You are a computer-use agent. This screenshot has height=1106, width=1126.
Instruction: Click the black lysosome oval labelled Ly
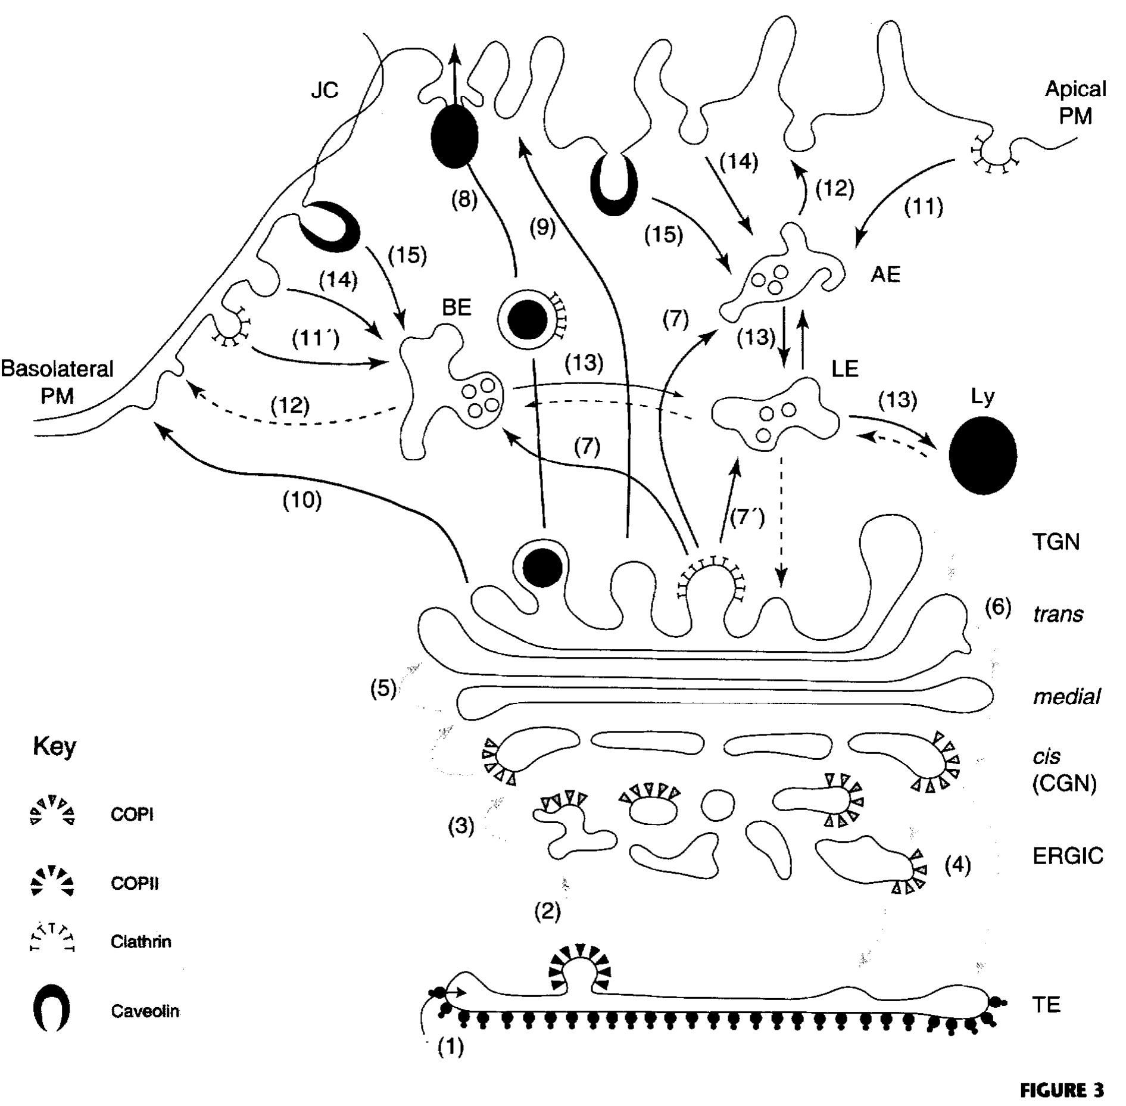pyautogui.click(x=982, y=455)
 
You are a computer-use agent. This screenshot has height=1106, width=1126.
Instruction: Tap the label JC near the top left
pyautogui.click(x=325, y=90)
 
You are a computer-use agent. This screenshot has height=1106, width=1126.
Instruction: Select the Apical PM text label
pyautogui.click(x=1075, y=102)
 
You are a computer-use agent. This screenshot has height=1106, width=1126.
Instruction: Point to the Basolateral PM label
pyautogui.click(x=57, y=381)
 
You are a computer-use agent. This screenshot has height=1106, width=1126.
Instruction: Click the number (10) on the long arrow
pyautogui.click(x=302, y=500)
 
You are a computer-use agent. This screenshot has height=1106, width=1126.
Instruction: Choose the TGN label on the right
pyautogui.click(x=1055, y=543)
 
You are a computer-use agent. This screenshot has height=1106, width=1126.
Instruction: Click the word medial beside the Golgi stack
pyautogui.click(x=1066, y=696)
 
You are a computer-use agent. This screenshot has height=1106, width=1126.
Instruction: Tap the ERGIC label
pyautogui.click(x=1068, y=856)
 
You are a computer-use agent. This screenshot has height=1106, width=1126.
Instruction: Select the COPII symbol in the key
pyautogui.click(x=52, y=881)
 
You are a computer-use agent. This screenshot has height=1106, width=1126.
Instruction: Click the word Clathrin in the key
pyautogui.click(x=141, y=942)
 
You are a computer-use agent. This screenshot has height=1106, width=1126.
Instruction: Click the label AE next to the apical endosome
pyautogui.click(x=885, y=275)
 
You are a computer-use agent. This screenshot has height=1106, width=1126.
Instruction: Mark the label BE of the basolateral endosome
pyautogui.click(x=456, y=307)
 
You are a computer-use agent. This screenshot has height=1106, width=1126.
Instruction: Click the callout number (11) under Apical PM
pyautogui.click(x=923, y=207)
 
